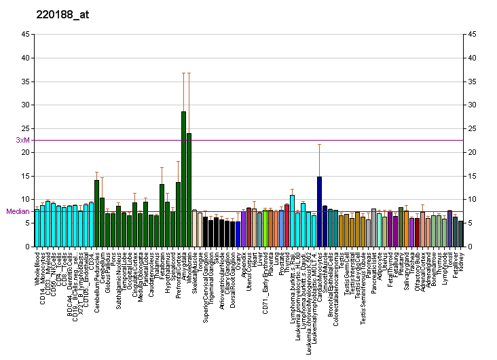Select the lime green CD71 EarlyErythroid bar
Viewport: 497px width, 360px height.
pyautogui.click(x=265, y=228)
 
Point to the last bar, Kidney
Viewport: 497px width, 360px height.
pyautogui.click(x=460, y=234)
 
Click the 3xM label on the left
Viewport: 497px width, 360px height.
pyautogui.click(x=22, y=140)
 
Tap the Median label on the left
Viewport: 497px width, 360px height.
pyautogui.click(x=18, y=211)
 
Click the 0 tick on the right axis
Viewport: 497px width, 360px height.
pyautogui.click(x=468, y=247)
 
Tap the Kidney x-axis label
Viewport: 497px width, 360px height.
pyautogui.click(x=461, y=261)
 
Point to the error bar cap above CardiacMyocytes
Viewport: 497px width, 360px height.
pyautogui.click(x=319, y=145)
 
